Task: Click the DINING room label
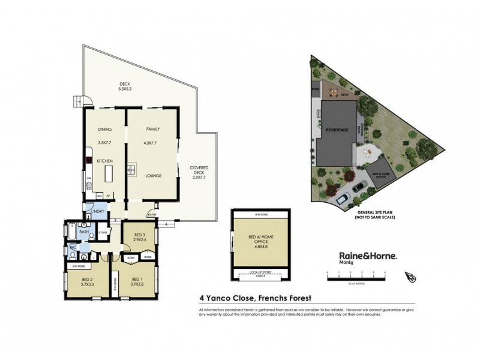[105, 129]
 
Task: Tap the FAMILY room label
[152, 129]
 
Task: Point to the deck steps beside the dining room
[78, 101]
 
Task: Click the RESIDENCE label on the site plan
[337, 130]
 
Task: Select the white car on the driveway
[343, 197]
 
